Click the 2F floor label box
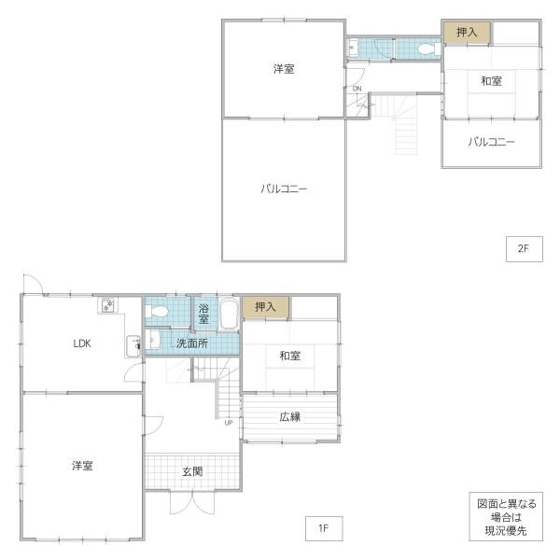(525, 249)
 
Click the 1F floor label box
(324, 528)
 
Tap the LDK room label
(82, 343)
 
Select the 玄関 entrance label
(192, 471)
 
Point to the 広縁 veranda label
(290, 416)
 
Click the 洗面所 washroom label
(192, 343)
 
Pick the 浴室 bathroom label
(203, 314)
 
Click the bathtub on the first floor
(229, 314)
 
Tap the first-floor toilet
(157, 312)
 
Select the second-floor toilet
(429, 49)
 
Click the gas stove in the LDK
(108, 305)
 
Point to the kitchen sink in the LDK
(133, 345)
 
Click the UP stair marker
(229, 423)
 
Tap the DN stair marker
(357, 89)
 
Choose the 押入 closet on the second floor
(467, 33)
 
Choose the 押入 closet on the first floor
(265, 307)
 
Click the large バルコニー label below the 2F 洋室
(284, 189)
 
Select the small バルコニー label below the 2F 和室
(492, 142)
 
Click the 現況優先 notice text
(506, 531)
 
